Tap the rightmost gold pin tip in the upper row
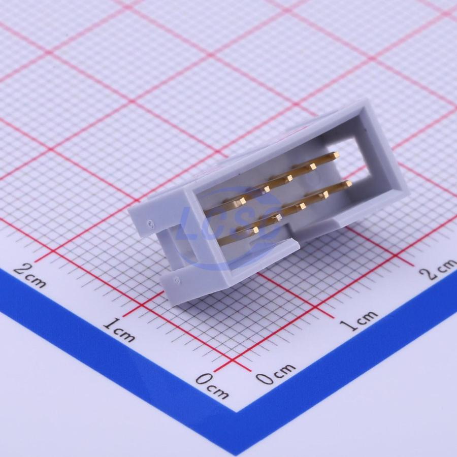click(x=336, y=154)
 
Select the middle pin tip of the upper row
click(x=289, y=178)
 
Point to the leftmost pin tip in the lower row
click(x=255, y=230)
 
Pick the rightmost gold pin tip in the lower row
click(x=348, y=184)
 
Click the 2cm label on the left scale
click(x=30, y=274)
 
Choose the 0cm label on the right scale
click(x=276, y=373)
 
